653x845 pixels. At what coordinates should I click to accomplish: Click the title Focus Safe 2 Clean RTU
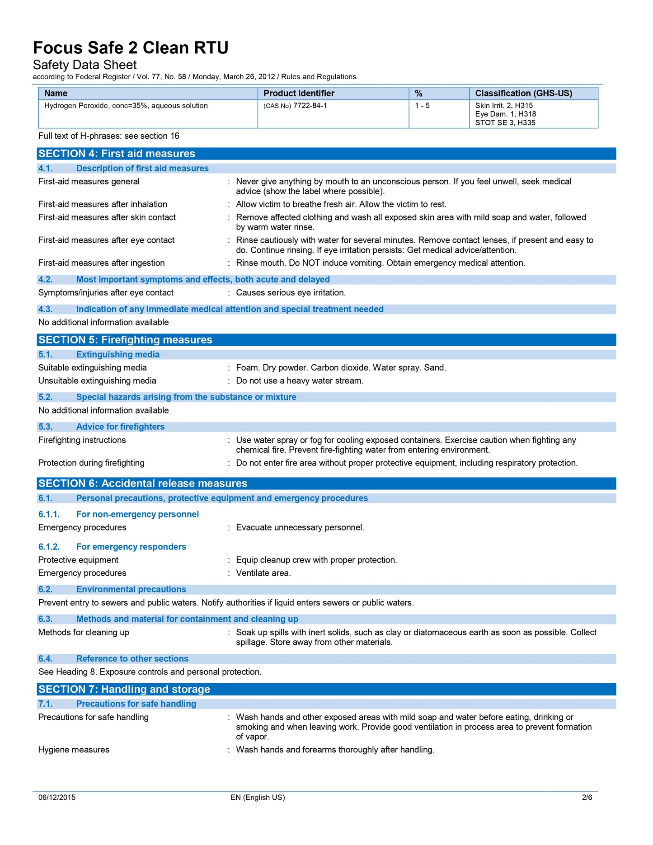point(131,48)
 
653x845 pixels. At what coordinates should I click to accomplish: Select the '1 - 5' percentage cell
point(422,106)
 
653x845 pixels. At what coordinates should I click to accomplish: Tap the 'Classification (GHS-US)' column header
point(523,94)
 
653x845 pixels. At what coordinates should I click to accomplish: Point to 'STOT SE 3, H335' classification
point(505,123)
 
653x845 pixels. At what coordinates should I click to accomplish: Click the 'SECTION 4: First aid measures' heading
point(117,154)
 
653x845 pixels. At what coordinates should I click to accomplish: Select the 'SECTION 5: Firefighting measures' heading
point(125,340)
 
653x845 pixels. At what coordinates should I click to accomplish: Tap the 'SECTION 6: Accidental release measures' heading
point(143,484)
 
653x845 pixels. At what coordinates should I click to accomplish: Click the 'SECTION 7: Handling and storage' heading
point(124,689)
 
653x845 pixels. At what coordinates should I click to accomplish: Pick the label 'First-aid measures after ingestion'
point(101,263)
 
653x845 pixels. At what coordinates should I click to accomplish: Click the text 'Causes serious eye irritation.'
point(291,293)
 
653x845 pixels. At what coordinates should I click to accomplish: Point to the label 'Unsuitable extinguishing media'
point(97,381)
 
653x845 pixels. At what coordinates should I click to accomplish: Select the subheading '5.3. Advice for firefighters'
point(102,427)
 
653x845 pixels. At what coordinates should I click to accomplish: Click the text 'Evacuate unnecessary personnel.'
point(300,528)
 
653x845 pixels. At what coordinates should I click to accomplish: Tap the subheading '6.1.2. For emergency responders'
point(112,547)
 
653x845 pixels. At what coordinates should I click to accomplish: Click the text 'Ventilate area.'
point(263,573)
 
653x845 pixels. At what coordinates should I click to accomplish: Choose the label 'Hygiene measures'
point(74,750)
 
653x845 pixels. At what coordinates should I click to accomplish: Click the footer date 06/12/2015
point(57,798)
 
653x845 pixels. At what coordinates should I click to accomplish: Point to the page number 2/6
point(587,798)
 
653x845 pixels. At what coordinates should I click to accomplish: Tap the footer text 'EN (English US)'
point(258,798)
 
